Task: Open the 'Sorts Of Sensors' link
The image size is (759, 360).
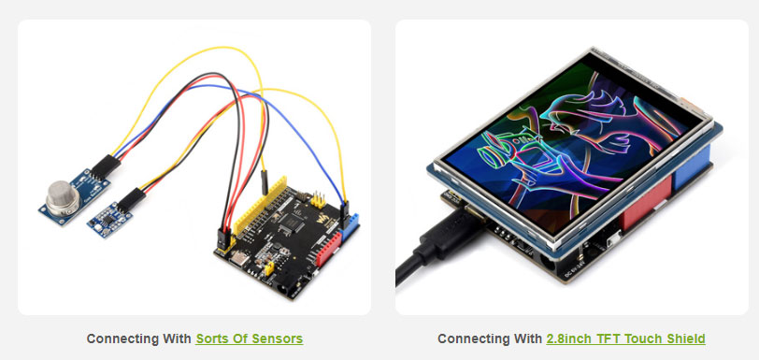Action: pyautogui.click(x=249, y=338)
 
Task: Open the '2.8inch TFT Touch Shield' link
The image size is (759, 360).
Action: pyautogui.click(x=625, y=338)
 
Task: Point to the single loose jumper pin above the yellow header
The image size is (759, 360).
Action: pyautogui.click(x=265, y=178)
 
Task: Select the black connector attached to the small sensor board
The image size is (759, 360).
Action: pyautogui.click(x=130, y=197)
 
